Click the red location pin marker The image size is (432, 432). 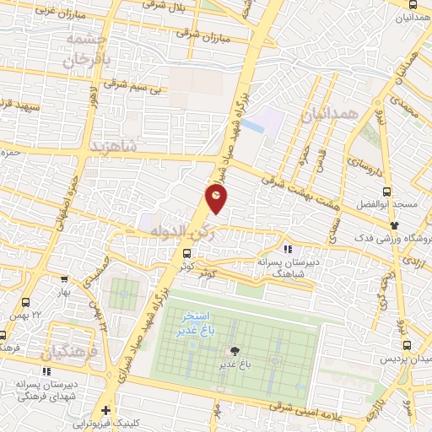(217, 198)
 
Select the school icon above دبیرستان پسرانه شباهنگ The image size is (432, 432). (287, 249)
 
